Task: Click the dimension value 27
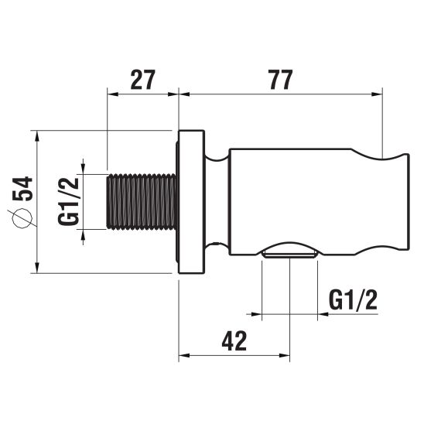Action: tap(143, 80)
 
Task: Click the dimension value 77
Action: tap(281, 80)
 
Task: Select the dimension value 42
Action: tap(234, 340)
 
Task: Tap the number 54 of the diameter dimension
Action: tap(22, 189)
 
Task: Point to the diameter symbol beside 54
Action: tap(22, 218)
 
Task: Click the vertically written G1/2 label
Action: tap(68, 201)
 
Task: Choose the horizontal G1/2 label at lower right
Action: tap(353, 300)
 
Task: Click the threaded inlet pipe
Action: tap(142, 202)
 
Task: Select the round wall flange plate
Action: tap(191, 202)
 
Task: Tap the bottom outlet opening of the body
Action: tap(289, 255)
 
